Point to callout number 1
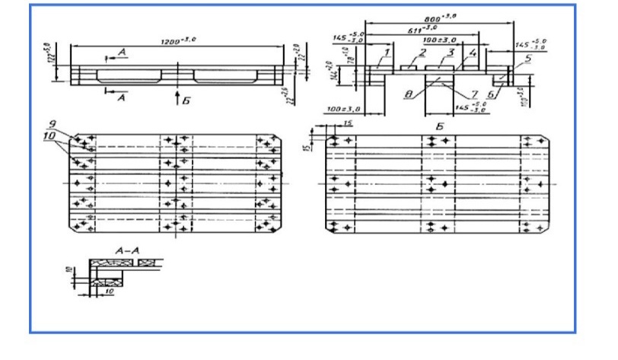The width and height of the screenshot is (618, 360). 387,52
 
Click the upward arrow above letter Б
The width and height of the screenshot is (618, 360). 176,97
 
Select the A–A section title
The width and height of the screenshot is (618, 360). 123,250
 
